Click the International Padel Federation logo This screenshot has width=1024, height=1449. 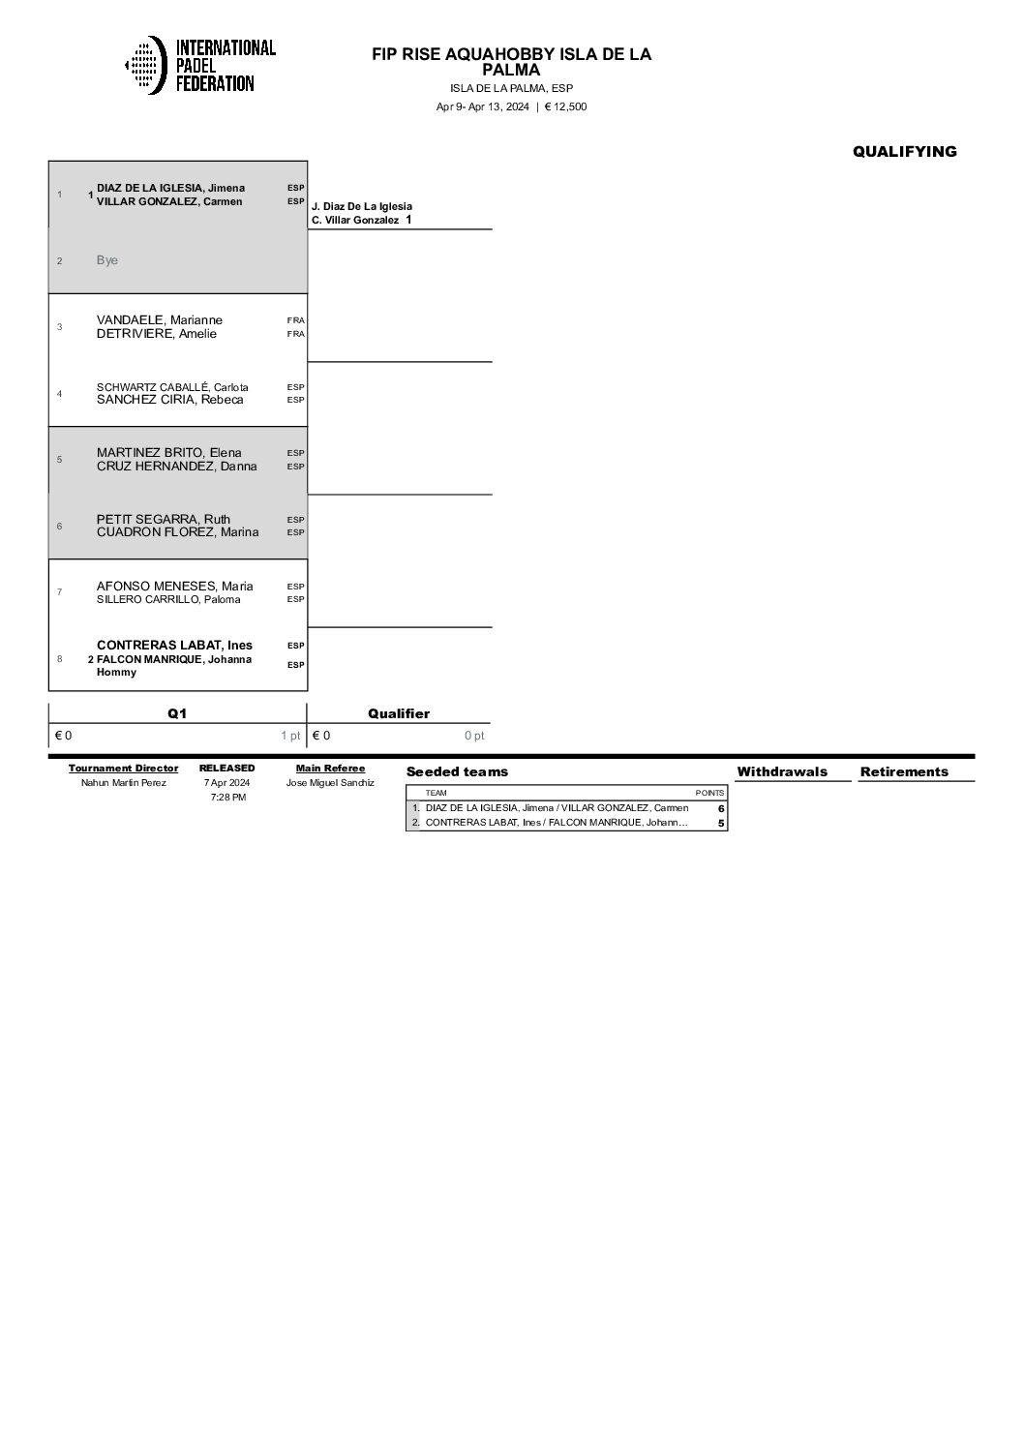pos(200,65)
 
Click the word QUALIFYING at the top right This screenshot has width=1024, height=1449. pos(904,151)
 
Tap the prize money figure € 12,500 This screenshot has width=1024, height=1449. pos(565,106)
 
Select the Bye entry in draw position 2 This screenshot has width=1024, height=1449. pos(107,260)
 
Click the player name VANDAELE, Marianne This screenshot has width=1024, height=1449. pos(160,319)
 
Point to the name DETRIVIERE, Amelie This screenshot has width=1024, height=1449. pos(157,334)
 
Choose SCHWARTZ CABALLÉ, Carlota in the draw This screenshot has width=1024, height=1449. pos(172,387)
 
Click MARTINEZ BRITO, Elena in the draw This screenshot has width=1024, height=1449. pos(169,452)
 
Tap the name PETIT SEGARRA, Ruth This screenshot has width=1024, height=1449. pos(164,519)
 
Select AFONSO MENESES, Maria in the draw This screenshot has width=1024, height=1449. pos(175,586)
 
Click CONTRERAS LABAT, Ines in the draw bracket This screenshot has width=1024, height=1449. pos(174,646)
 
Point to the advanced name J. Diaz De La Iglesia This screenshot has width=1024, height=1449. pos(362,206)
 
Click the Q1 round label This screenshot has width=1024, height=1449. pos(177,713)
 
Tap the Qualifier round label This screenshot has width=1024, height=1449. pos(399,713)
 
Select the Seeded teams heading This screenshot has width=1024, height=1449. pos(457,771)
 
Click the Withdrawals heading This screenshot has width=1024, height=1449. pos(782,771)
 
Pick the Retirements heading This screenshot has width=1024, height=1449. pos(904,771)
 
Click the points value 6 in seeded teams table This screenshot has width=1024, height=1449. pos(721,808)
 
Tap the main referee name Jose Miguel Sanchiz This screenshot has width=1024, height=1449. pos(330,782)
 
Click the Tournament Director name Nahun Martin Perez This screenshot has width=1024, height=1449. pos(124,782)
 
